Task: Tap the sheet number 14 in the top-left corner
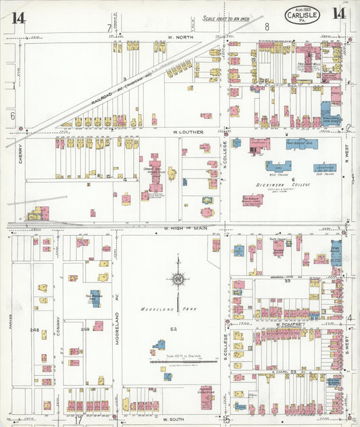pos(18,17)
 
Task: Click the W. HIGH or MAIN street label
pos(183,229)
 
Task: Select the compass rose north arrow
pos(178,277)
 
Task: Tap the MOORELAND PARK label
pos(159,309)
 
